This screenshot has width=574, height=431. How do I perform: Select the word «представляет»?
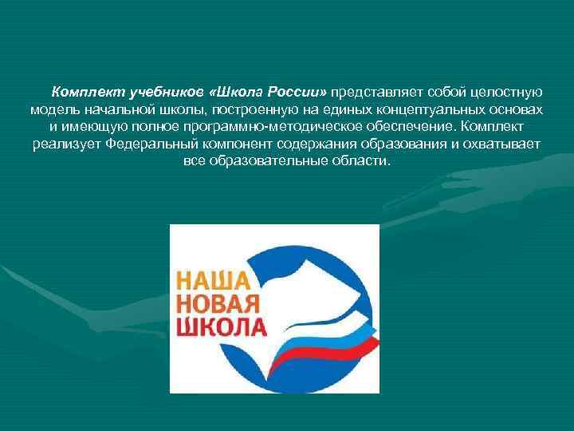(x=382, y=91)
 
